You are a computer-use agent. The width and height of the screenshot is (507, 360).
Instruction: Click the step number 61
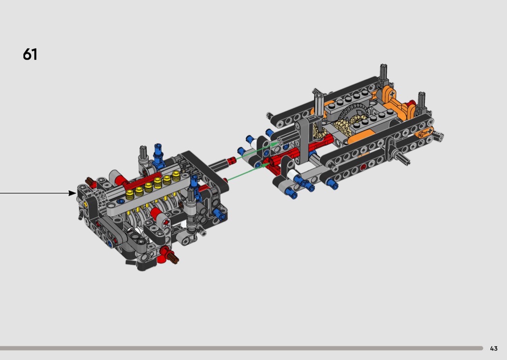tap(30, 55)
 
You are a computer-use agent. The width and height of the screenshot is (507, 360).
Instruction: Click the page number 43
tap(493, 348)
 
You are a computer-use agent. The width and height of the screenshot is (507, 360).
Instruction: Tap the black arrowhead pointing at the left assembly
tap(72, 193)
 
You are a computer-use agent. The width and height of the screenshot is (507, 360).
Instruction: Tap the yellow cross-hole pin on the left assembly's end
tap(85, 204)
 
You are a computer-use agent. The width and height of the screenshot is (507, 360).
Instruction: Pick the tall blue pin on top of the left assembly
tap(158, 154)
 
